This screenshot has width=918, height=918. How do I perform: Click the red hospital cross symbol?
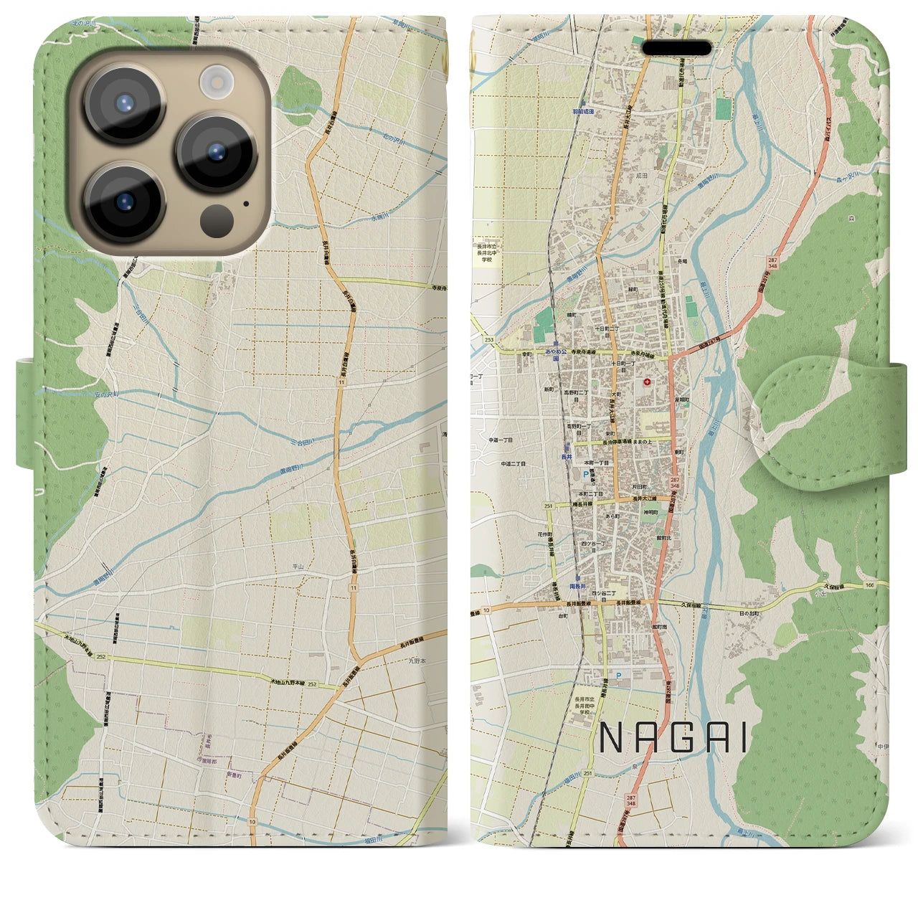(x=648, y=382)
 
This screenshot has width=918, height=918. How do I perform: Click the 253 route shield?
(x=489, y=339)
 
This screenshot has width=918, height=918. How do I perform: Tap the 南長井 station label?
(x=578, y=586)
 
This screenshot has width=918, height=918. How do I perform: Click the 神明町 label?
(x=650, y=512)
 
